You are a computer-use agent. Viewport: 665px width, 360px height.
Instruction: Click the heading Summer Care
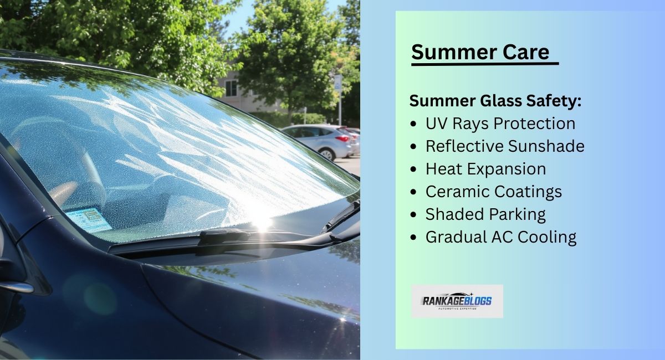(480, 52)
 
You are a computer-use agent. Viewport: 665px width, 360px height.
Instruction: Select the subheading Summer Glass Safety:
(495, 101)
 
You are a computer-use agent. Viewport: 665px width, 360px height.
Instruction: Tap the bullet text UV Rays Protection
(500, 124)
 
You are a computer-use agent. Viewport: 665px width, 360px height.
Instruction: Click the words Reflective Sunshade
(504, 146)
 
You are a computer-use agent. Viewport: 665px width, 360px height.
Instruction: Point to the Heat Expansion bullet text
(485, 169)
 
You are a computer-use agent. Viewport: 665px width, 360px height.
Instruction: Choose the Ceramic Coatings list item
(493, 192)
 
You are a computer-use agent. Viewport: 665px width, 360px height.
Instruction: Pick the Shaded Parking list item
(485, 214)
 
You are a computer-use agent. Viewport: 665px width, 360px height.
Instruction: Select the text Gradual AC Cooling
(500, 237)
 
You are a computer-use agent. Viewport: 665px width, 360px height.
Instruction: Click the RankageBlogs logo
(457, 301)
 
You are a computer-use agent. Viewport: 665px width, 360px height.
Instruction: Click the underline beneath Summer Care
(485, 64)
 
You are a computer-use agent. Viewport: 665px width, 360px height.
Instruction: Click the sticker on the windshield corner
(88, 219)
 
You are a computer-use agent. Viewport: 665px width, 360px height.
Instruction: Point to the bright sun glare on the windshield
(260, 222)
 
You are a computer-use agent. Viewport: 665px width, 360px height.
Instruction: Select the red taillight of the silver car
(344, 138)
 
